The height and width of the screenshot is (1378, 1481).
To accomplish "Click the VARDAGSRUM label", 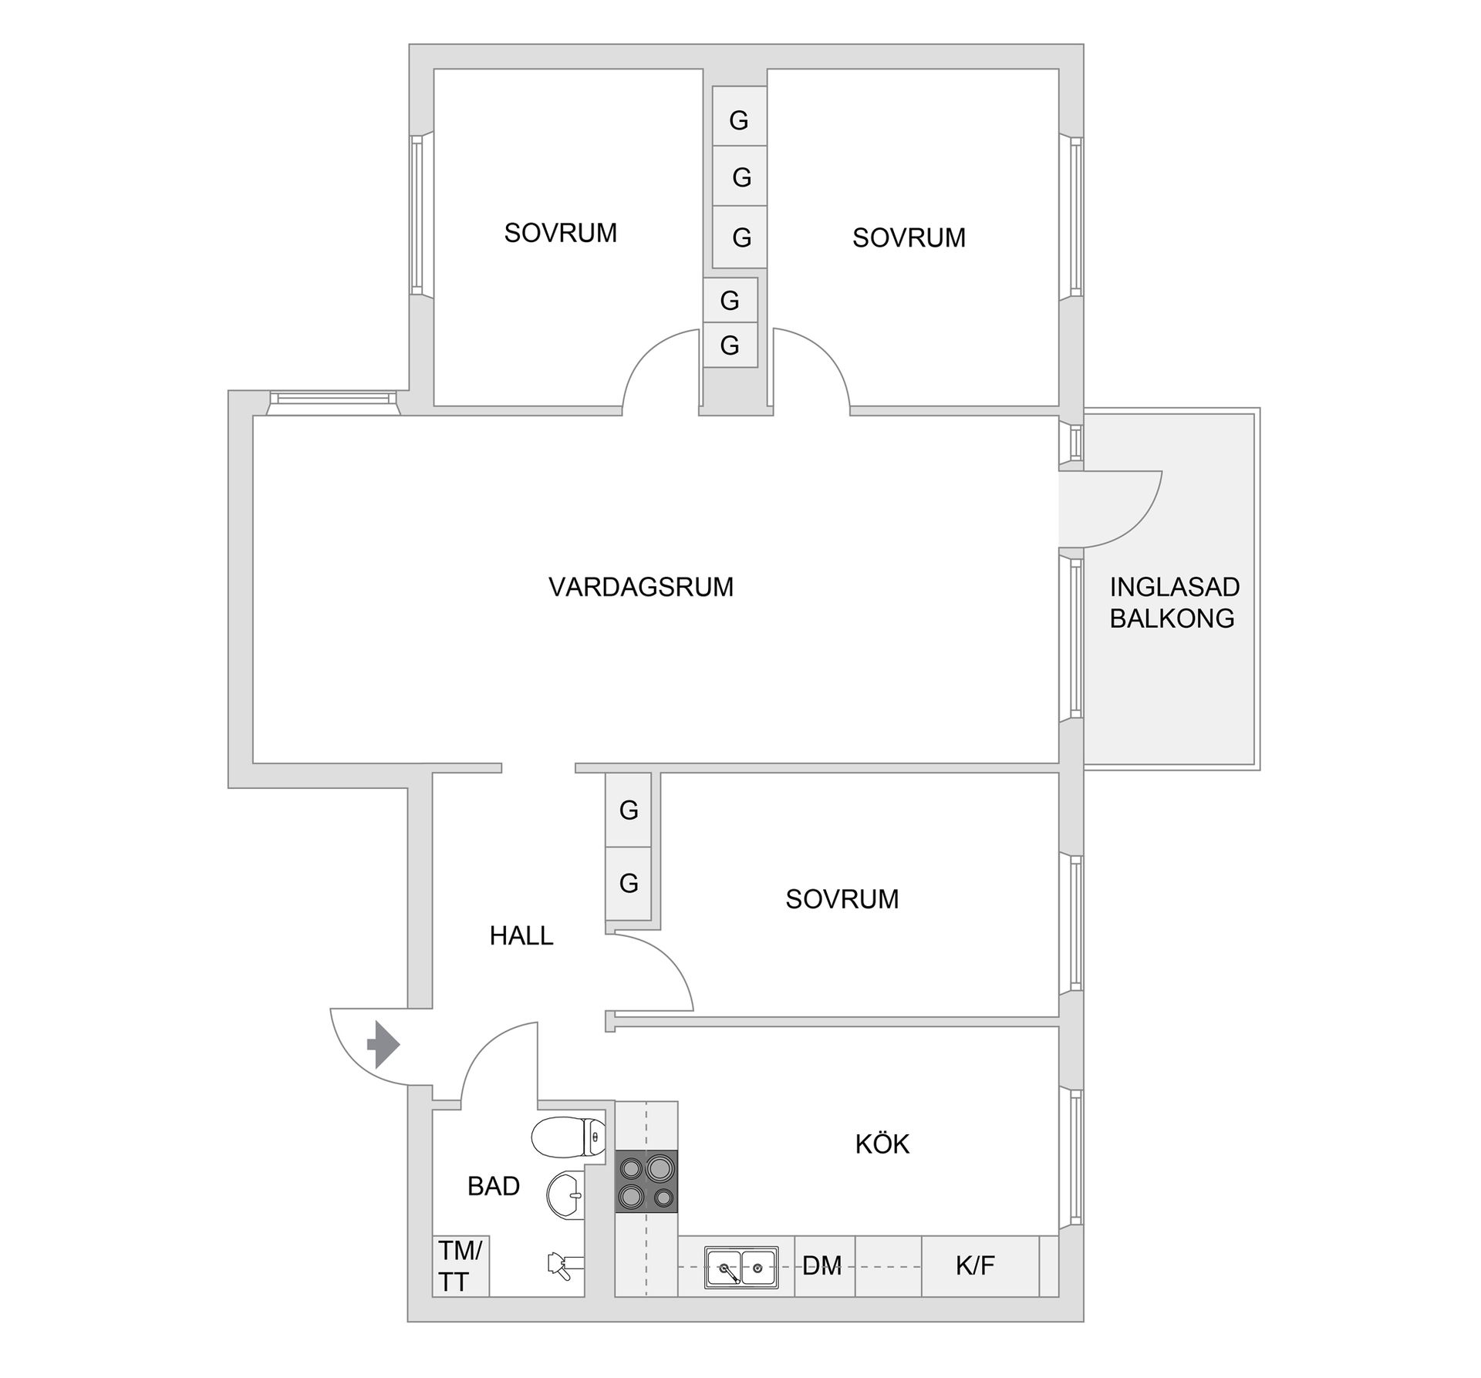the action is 641,588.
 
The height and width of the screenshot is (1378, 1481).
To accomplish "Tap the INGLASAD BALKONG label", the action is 1174,603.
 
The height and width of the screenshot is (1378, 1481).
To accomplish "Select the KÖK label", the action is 882,1144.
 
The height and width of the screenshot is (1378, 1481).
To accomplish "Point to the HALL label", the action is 521,935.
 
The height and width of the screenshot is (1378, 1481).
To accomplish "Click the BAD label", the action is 494,1186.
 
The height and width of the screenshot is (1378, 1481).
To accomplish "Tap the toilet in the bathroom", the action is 568,1137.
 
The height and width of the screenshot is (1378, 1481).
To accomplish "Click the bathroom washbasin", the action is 565,1194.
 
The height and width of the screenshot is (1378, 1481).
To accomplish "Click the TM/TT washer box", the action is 460,1265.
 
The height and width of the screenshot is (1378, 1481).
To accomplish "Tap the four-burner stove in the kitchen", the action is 646,1181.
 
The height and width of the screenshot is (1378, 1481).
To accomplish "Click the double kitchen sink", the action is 740,1267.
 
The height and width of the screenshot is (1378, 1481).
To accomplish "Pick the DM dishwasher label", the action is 821,1265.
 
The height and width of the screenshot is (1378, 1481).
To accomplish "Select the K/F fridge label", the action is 975,1265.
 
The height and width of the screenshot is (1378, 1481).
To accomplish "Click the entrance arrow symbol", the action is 383,1046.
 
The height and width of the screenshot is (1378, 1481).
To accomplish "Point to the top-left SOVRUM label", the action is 561,233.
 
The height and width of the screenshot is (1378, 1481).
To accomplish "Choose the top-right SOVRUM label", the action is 909,238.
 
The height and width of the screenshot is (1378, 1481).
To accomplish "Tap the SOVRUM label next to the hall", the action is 842,899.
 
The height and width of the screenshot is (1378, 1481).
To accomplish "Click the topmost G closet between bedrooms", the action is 739,116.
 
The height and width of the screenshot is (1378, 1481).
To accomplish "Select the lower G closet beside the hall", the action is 629,883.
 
